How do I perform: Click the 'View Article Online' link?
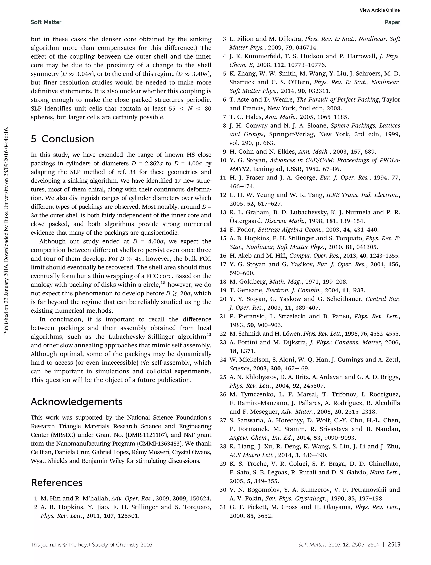(x=379, y=10)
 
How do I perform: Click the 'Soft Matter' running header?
(x=46, y=22)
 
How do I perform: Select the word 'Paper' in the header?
(x=392, y=22)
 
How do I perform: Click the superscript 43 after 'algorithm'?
(x=209, y=335)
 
